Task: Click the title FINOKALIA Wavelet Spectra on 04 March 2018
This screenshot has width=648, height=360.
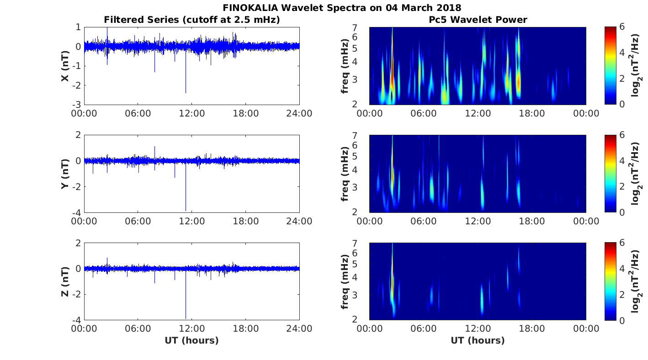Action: [342, 8]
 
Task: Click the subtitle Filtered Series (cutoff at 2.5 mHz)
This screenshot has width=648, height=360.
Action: [191, 20]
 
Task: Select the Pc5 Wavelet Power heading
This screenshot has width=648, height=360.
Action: [478, 20]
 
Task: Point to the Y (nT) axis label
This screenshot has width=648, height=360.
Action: [65, 174]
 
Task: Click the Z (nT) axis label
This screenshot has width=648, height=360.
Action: [65, 281]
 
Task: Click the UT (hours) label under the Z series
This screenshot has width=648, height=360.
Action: [191, 340]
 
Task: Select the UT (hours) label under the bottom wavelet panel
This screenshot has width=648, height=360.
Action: [478, 340]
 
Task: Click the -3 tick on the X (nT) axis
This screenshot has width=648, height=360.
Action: [77, 105]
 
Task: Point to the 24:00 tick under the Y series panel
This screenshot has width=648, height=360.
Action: [299, 221]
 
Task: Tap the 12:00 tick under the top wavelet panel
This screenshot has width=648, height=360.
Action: [478, 113]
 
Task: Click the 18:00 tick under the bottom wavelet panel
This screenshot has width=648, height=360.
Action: [532, 329]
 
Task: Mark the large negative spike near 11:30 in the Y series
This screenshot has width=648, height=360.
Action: [186, 201]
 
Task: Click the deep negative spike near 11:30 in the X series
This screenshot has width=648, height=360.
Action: [186, 87]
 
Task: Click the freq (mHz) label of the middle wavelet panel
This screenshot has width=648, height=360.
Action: [345, 174]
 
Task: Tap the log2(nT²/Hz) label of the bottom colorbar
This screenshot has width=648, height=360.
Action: [636, 281]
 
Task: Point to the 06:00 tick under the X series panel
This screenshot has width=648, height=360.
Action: [138, 113]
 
